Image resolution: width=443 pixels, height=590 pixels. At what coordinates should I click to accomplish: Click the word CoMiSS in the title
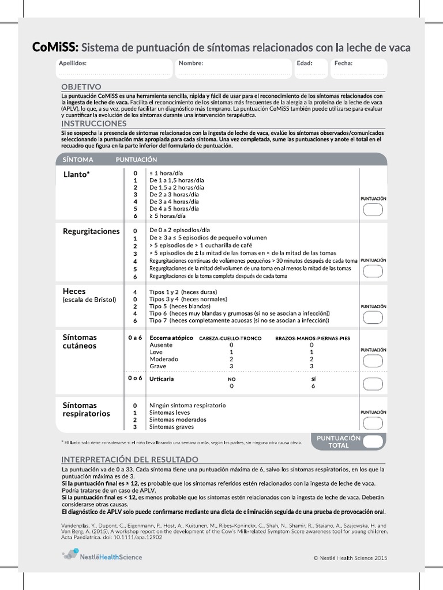[55, 47]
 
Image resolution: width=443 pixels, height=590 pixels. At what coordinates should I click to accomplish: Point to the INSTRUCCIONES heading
[93, 123]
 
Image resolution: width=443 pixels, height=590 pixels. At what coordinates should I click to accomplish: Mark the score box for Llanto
[373, 210]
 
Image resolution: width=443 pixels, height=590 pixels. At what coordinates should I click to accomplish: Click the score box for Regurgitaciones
[373, 272]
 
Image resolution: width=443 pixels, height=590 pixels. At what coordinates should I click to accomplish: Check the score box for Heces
[373, 316]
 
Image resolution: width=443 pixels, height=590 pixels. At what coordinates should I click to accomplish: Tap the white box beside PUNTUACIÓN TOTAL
[373, 442]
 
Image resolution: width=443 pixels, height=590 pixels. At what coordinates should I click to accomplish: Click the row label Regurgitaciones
[91, 231]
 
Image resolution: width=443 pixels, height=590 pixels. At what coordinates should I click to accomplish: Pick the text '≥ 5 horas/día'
[167, 216]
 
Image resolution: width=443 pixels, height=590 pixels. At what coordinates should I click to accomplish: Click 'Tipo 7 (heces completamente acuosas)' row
[239, 320]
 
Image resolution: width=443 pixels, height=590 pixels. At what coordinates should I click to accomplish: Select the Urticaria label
[162, 379]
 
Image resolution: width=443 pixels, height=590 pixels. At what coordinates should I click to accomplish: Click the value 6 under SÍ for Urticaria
[313, 387]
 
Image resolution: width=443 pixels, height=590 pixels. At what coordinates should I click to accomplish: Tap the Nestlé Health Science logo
[102, 556]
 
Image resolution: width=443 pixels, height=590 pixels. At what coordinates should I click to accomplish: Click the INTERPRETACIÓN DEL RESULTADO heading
[130, 459]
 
